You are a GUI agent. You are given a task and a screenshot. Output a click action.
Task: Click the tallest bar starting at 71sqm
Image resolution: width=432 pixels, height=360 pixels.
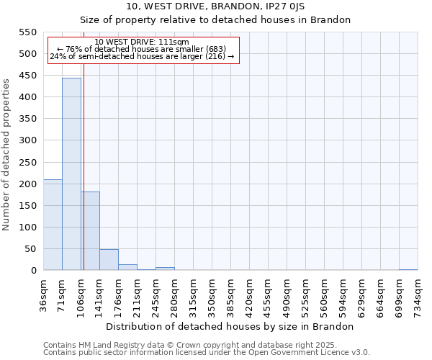click(x=71, y=174)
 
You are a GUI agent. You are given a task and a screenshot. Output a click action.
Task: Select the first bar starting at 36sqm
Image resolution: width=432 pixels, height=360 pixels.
click(x=53, y=225)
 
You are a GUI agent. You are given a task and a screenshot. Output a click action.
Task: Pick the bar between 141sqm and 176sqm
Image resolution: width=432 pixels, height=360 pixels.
click(x=109, y=260)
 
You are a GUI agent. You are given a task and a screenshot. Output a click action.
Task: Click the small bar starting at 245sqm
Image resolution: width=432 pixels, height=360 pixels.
click(x=165, y=269)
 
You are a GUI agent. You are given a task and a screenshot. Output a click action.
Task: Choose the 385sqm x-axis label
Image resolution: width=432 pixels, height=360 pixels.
click(x=231, y=294)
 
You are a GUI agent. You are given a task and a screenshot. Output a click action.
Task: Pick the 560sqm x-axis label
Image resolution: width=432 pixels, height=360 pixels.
click(x=325, y=294)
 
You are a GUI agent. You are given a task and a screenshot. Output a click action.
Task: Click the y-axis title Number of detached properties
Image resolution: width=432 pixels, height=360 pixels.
click(x=6, y=155)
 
